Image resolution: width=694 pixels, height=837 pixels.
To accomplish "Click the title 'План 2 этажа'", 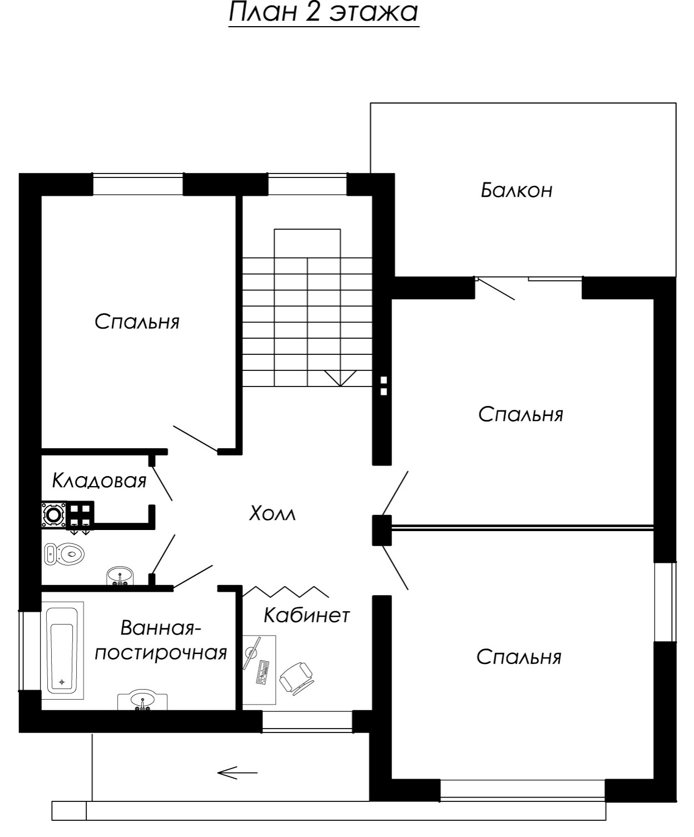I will coord(323,12).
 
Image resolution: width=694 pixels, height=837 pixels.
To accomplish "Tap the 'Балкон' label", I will coord(517,190).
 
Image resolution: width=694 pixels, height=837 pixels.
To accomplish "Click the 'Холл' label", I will coord(272,513).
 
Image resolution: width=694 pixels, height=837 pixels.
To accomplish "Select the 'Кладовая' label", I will coord(99,481).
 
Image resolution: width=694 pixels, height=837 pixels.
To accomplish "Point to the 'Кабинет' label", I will coord(306,615).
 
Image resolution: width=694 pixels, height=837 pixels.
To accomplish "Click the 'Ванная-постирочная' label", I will coord(161,640).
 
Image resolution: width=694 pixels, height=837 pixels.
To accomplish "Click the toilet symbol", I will coord(64,554).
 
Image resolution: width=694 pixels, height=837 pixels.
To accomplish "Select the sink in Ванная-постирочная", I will coord(142,701).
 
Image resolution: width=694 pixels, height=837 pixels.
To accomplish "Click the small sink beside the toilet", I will coord(120,576).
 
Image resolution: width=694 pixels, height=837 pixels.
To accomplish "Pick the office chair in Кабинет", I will coord(296,677).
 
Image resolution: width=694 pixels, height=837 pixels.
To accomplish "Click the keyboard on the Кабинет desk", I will coord(262,672).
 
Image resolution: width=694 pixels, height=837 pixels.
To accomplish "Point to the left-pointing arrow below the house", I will coord(237,772).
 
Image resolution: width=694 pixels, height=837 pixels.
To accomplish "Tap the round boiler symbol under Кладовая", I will coord(53,514).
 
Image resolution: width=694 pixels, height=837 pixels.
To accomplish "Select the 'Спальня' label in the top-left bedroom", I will coord(137,321).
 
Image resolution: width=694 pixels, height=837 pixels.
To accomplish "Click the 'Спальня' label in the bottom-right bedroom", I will coord(519,657).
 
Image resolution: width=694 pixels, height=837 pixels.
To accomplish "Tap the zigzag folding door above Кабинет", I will coord(285,591).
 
